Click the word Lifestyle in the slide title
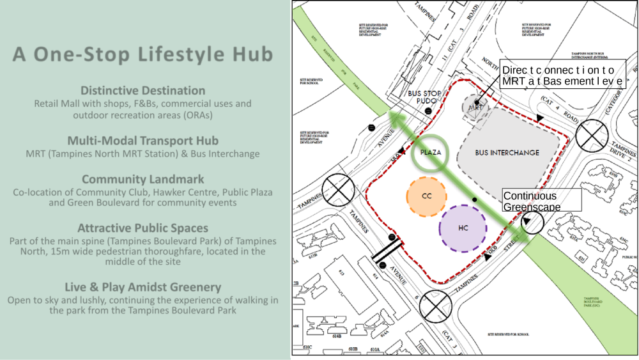coord(180,55)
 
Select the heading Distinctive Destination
coord(143,91)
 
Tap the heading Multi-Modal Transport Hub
coord(143,141)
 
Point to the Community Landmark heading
coord(143,179)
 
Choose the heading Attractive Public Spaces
coord(143,228)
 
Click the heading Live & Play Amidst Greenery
coord(143,287)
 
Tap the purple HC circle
coord(463,228)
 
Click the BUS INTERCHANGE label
coord(507,153)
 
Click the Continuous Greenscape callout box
coord(542,201)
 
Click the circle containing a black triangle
coord(532,223)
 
